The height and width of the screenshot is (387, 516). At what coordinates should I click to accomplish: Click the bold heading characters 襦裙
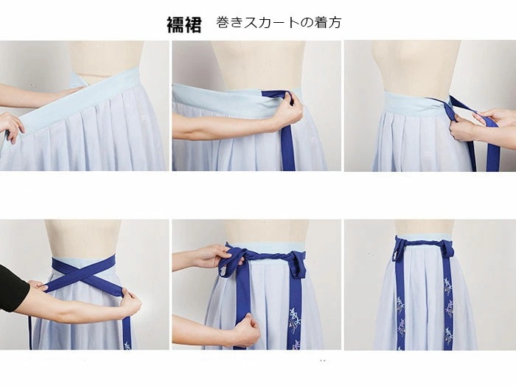click(184, 24)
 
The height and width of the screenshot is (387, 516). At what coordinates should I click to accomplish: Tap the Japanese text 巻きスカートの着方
click(279, 23)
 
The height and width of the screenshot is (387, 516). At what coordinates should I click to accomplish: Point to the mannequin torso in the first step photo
click(106, 55)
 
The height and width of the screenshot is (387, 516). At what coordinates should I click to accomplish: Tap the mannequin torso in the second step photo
click(258, 63)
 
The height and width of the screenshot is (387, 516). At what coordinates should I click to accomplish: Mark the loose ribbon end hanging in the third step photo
click(492, 155)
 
